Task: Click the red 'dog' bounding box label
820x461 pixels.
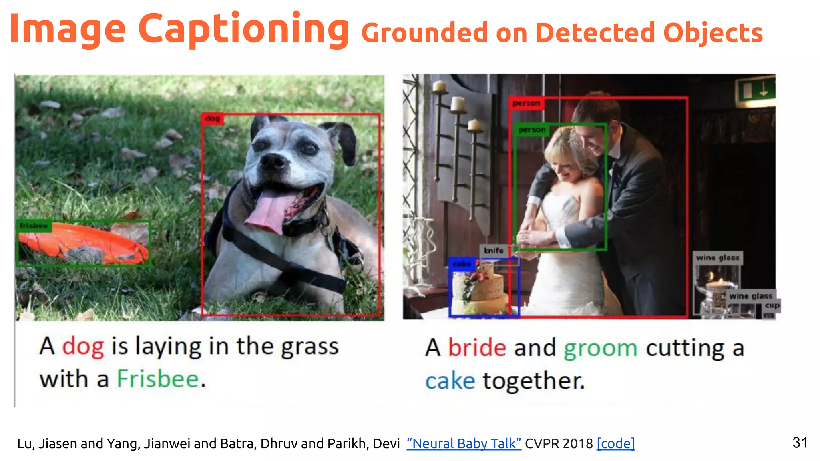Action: point(212,118)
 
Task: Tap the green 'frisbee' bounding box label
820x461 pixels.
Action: point(34,226)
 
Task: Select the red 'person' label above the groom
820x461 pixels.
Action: point(526,104)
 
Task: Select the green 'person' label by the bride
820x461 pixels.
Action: point(531,130)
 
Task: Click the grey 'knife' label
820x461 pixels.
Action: point(494,251)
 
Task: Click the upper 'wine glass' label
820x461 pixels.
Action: point(717,258)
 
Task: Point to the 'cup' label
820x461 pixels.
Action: point(772,306)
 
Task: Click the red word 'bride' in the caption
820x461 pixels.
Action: point(477,347)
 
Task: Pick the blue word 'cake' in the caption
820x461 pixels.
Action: point(450,381)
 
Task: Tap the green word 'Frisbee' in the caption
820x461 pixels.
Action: point(158,379)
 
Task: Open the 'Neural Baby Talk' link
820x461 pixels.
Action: point(464,443)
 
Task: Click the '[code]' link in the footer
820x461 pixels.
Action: point(615,443)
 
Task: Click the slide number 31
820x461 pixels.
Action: point(800,443)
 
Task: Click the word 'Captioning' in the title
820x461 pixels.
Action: point(243,29)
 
